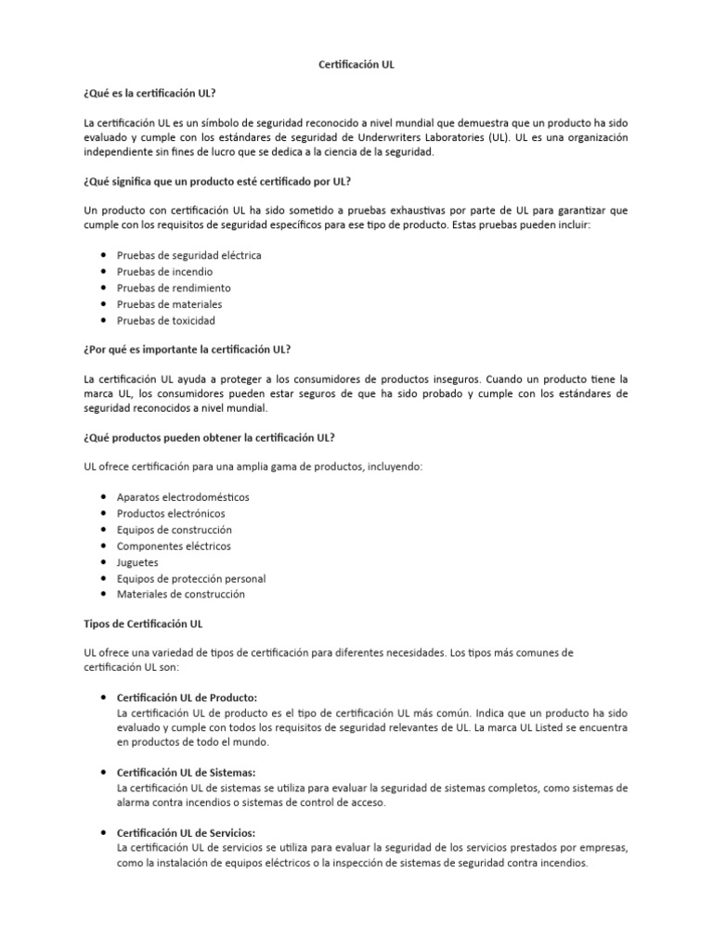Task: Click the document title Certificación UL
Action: (x=356, y=66)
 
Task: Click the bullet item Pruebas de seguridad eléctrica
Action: (x=188, y=254)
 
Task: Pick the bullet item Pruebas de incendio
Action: (x=164, y=271)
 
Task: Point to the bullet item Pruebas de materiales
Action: (x=169, y=304)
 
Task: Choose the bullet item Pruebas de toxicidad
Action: (x=165, y=321)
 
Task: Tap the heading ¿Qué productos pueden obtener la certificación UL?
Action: (x=211, y=437)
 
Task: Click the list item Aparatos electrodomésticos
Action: (x=183, y=497)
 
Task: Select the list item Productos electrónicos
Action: (x=171, y=513)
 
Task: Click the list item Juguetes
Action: (x=137, y=562)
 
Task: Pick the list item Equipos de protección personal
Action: (x=190, y=579)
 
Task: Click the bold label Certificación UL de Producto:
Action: (x=187, y=697)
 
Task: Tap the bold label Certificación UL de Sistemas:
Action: (x=186, y=773)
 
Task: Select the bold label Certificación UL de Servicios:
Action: (x=186, y=832)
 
